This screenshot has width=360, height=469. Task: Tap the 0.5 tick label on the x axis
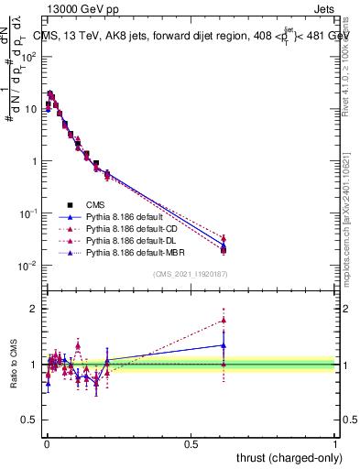(191, 442)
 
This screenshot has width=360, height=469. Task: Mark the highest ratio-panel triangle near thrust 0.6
(224, 321)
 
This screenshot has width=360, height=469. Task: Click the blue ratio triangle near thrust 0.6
(224, 345)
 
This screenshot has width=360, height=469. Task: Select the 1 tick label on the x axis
(335, 442)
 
